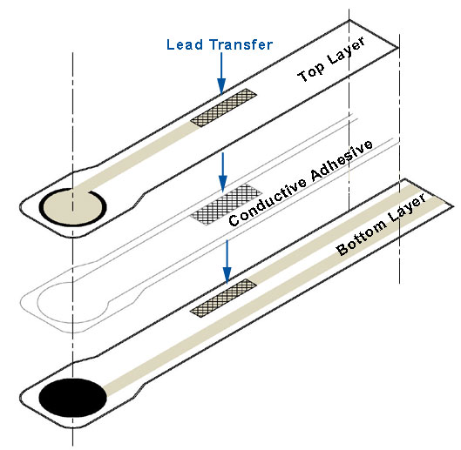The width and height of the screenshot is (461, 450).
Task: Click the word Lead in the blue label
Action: tap(185, 44)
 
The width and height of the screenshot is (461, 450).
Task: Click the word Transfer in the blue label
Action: tap(241, 44)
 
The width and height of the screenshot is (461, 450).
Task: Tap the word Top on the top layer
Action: tap(311, 71)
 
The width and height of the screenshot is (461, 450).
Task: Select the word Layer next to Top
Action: tap(347, 50)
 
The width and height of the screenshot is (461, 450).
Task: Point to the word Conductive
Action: tap(268, 202)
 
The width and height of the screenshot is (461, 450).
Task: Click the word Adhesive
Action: tap(342, 159)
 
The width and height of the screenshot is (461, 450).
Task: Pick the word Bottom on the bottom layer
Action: tap(362, 238)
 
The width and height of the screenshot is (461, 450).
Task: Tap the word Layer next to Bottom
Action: tap(408, 208)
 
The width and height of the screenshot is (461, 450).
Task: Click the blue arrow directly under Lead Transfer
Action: tap(221, 74)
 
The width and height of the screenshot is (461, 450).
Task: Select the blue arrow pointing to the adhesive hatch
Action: tap(223, 172)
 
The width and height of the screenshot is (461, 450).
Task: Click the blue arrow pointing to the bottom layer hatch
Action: tap(227, 262)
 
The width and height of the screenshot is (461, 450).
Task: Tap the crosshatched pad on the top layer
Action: tap(223, 108)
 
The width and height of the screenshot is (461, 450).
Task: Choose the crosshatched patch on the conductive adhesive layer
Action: tap(226, 205)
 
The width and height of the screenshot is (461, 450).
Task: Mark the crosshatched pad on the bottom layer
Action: tap(223, 299)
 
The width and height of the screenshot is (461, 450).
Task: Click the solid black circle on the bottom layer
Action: tap(72, 398)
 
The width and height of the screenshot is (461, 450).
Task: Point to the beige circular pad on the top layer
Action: tap(72, 208)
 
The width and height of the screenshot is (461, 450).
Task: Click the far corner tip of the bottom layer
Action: tap(453, 206)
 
